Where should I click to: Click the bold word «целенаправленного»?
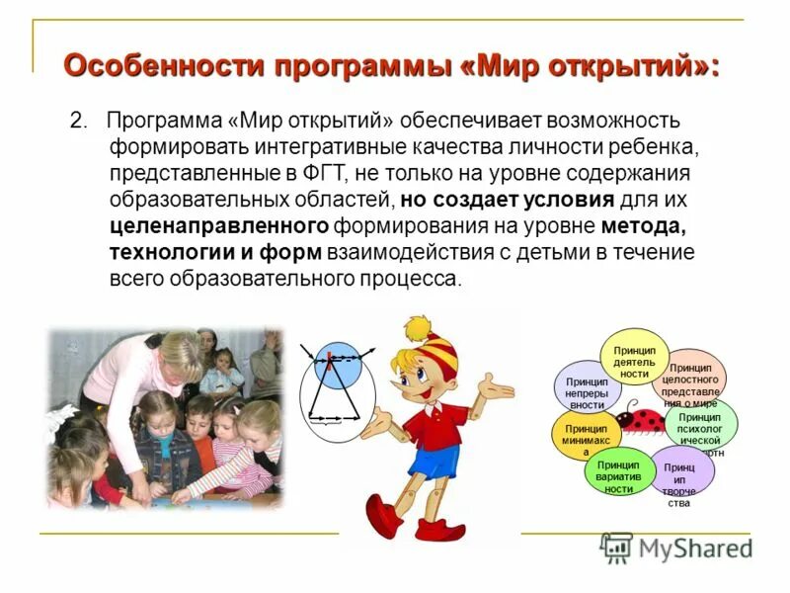[220, 225]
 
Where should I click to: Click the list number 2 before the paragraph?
[77, 122]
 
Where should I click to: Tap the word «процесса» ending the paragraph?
[414, 278]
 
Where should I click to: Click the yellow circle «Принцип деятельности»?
[634, 358]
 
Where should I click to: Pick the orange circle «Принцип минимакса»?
[587, 436]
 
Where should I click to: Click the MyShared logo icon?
[617, 548]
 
